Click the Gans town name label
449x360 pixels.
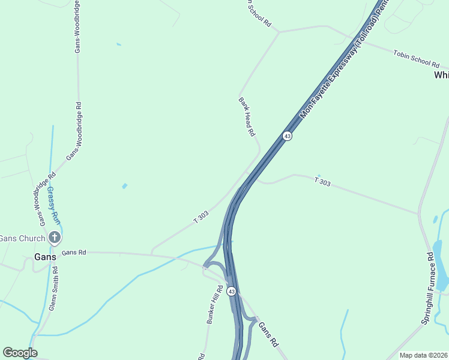point(45,256)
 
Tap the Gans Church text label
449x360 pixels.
point(22,238)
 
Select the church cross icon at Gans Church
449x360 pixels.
point(55,238)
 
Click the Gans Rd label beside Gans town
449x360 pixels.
point(74,253)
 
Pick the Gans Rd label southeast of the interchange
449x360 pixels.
point(268,334)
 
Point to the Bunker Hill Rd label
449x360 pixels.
point(215,305)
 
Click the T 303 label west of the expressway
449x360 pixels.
point(201,217)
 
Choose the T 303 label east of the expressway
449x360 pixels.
point(322,181)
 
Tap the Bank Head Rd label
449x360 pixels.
point(247,116)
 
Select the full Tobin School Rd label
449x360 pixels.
point(417,58)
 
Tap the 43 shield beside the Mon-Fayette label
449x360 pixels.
point(288,136)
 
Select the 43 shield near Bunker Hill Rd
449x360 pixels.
point(231,291)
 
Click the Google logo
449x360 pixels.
point(20,353)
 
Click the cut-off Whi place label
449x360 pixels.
point(441,75)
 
